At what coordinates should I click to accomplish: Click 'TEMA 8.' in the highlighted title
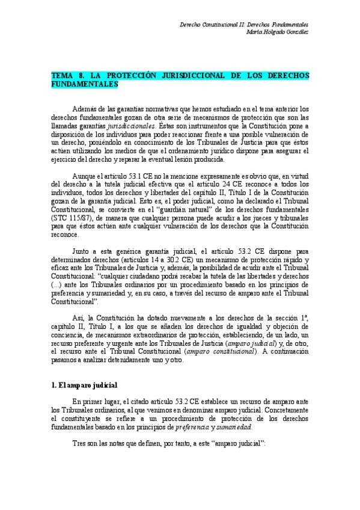[x=67, y=77]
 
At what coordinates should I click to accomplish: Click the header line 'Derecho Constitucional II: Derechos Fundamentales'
[x=245, y=25]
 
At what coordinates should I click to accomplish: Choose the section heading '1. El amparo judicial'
[x=84, y=384]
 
